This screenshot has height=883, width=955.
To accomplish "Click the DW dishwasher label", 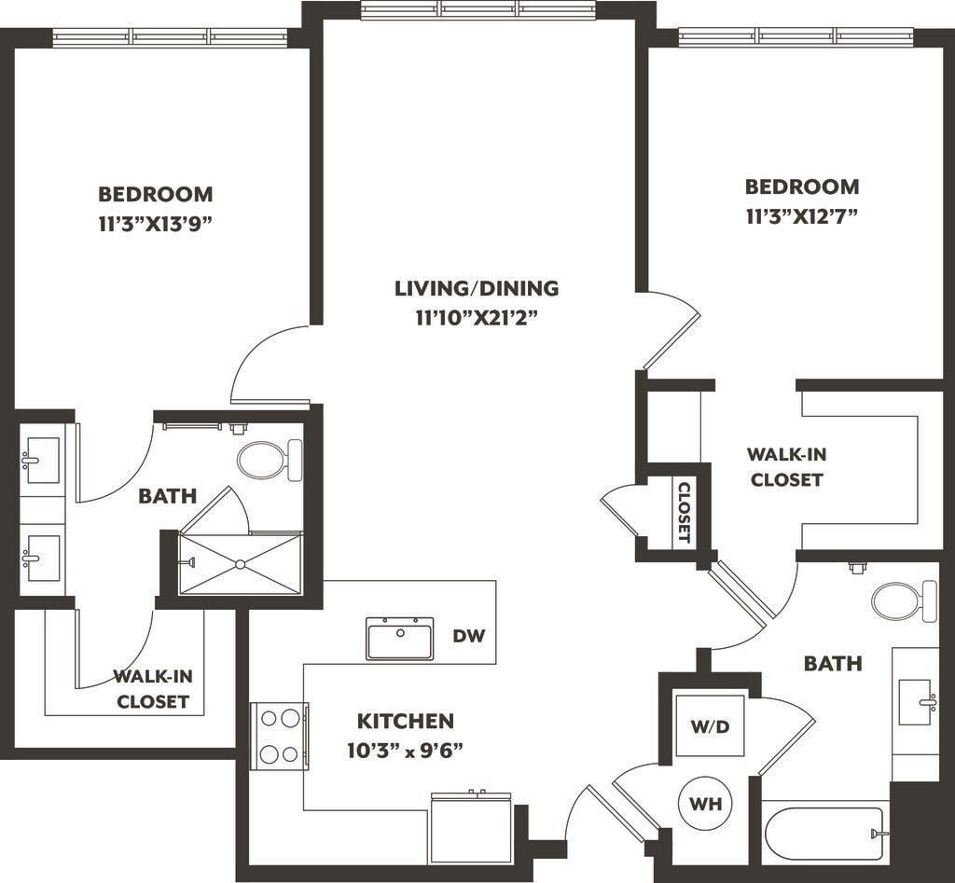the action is coord(468,636).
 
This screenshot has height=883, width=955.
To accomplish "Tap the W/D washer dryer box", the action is coord(710,725).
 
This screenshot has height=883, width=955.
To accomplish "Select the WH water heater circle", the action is coord(705,804).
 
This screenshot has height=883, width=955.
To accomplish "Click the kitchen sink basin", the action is coord(400,638).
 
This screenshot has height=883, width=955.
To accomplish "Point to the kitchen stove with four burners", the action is coord(280,737).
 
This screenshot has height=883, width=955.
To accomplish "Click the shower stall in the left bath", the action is coord(240,563).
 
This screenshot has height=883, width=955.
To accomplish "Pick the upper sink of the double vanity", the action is coord(42,461).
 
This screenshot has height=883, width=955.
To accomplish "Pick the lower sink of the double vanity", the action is coord(42,558).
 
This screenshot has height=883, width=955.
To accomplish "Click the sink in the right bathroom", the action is coord(916,702).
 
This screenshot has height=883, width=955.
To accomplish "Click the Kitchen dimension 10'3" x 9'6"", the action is coord(406,751).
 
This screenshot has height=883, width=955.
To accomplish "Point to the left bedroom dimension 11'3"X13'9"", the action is coord(156,224).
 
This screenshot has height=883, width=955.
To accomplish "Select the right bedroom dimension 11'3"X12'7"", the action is coord(802,216).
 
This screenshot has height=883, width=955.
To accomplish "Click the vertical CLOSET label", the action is coord(684,512).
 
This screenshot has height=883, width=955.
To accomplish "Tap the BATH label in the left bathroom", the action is coord(168,496).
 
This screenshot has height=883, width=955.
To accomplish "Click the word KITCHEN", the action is coord(406,721).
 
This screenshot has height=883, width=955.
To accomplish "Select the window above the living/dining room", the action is coord(477,9).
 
